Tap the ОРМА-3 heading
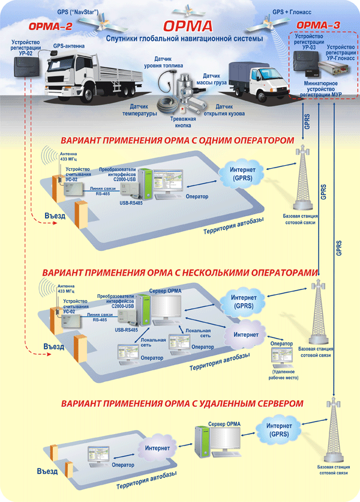pos(319,25)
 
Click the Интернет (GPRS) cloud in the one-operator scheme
pos(243,174)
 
